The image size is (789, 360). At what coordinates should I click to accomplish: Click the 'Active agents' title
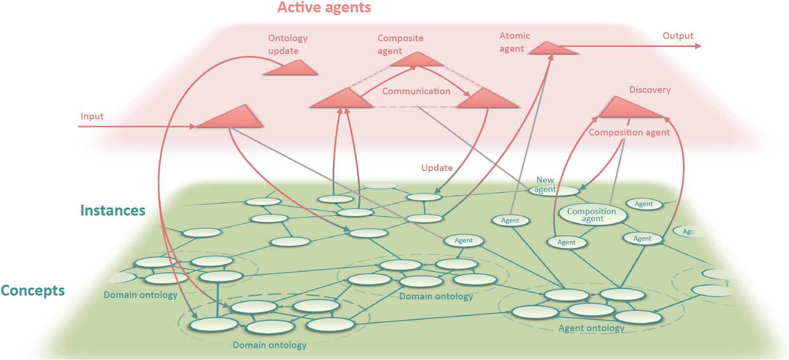point(324,8)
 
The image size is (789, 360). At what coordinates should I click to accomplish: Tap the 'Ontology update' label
point(288,45)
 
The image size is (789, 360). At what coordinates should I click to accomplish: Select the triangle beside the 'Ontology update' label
point(291,68)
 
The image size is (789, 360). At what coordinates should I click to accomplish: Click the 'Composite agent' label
point(400,45)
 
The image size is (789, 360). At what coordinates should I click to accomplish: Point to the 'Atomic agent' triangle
point(553,49)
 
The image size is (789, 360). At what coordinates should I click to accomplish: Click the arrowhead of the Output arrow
point(698,46)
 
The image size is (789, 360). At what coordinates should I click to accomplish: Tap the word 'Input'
point(92,116)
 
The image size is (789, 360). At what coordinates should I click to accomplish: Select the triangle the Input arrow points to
point(230,117)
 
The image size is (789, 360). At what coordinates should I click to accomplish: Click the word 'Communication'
point(416,91)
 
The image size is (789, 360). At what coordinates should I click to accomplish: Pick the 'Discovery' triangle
point(631,108)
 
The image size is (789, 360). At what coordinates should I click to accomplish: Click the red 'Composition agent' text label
point(629,133)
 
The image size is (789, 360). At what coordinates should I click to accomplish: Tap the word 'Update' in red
point(437,168)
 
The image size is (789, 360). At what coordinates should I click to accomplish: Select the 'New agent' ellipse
point(554,190)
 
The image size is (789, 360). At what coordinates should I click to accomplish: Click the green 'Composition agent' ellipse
point(593,214)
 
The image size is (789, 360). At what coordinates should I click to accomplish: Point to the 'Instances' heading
point(113,210)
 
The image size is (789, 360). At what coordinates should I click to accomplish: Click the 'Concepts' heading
point(33,291)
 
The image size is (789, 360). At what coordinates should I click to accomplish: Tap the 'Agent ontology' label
point(591,328)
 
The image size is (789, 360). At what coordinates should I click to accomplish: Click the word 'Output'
point(678,36)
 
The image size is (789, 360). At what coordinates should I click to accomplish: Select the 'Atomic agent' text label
point(515,42)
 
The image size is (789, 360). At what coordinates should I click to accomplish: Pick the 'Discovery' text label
point(650,90)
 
